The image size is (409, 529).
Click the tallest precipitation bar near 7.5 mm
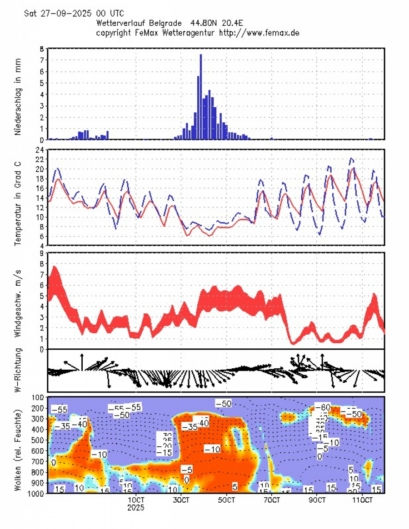pyautogui.click(x=201, y=96)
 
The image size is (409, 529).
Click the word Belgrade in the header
pyautogui.click(x=166, y=22)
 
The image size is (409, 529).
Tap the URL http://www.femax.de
pyautogui.click(x=259, y=33)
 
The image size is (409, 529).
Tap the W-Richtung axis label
pyautogui.click(x=18, y=371)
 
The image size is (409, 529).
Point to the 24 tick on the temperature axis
pyautogui.click(x=39, y=150)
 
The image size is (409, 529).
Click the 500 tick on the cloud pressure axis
pyautogui.click(x=37, y=440)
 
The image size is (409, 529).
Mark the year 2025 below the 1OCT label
pyautogui.click(x=136, y=508)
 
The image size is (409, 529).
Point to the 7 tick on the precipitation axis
pyautogui.click(x=41, y=60)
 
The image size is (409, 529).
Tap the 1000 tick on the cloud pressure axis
pyautogui.click(x=35, y=493)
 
